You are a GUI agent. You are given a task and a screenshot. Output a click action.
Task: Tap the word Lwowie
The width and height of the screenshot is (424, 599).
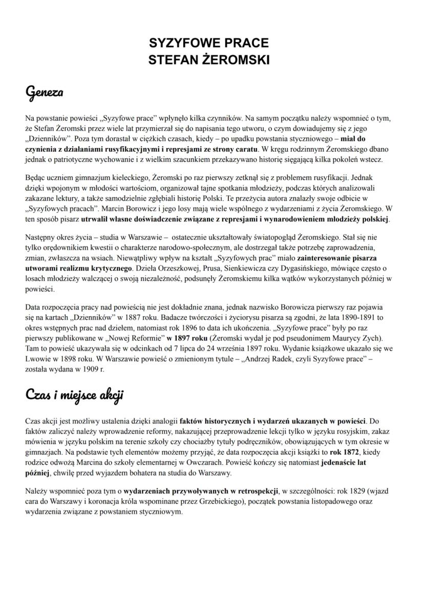(x=37, y=359)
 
